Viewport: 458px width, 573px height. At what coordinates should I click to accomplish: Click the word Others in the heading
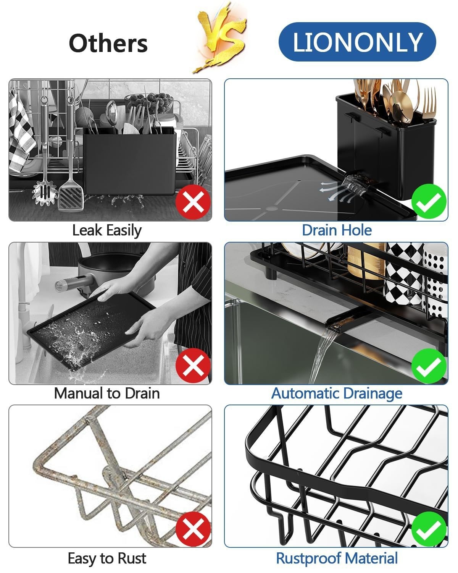coord(108,43)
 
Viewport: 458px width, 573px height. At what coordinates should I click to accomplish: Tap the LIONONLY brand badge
coord(357,42)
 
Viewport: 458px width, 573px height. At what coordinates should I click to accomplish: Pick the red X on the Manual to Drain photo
coord(193,366)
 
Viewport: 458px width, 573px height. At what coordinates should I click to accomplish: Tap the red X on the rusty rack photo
coord(193,529)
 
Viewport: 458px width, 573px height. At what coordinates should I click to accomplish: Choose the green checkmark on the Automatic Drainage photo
coord(429,366)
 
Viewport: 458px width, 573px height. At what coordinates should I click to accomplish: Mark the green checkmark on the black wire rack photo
coord(429,529)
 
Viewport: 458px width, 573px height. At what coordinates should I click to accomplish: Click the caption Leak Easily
coord(107,230)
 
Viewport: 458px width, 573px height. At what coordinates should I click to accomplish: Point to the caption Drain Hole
coord(337,230)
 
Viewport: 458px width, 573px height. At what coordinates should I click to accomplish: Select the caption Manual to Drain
coord(107,393)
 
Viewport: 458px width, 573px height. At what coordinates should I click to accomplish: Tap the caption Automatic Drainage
coord(337,393)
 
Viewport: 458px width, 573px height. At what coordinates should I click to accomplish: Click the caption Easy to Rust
coord(107,558)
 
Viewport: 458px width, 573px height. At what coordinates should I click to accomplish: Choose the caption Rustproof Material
coord(337,558)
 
